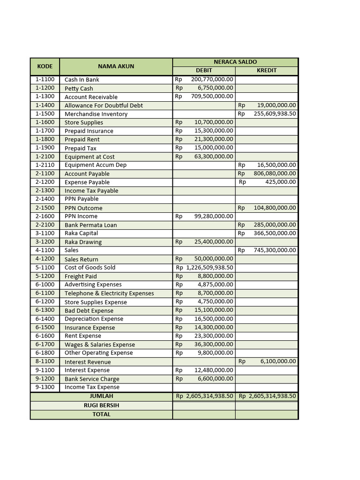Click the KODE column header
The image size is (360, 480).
[45, 66]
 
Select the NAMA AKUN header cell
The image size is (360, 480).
[116, 66]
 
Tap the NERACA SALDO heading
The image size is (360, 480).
[235, 62]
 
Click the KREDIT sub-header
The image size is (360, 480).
[267, 70]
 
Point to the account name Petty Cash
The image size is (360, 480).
[79, 88]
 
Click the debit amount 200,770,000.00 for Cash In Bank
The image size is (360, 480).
[212, 79]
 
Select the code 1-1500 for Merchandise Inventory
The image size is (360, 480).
[45, 114]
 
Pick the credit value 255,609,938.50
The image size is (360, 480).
[275, 114]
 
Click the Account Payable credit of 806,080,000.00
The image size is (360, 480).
[275, 173]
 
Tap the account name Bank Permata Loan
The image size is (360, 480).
[90, 225]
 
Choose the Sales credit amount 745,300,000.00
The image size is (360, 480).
[275, 250]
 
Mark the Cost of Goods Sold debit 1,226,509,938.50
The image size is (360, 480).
[210, 268]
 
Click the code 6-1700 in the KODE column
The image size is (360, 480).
[45, 345]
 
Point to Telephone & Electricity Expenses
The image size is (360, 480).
[109, 293]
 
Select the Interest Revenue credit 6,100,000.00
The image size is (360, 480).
[278, 361]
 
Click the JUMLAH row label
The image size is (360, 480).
[101, 396]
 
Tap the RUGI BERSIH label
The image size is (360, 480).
[101, 405]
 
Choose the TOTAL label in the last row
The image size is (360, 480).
[101, 414]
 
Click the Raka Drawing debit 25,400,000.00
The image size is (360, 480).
[213, 242]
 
